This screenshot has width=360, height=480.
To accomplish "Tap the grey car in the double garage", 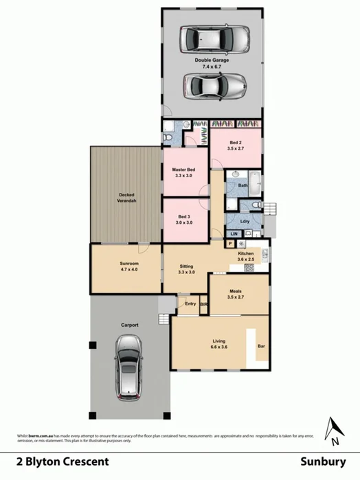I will (215, 87).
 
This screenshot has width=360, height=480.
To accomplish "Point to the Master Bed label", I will (183, 172).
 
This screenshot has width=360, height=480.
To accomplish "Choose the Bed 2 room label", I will (236, 146).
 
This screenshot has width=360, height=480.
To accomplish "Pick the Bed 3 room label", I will (183, 220).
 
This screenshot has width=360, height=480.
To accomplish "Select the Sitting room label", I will (186, 269).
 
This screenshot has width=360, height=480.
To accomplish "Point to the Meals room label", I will (236, 295).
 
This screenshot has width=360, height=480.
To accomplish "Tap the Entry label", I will (190, 303).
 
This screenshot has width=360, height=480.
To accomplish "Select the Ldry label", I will (245, 221).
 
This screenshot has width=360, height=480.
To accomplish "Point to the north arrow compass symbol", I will (334, 429).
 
